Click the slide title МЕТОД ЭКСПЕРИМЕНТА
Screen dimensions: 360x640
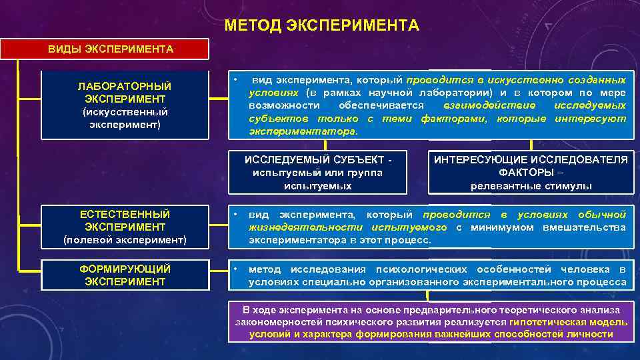(x=322, y=26)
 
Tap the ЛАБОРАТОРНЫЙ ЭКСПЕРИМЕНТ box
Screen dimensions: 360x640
(x=125, y=105)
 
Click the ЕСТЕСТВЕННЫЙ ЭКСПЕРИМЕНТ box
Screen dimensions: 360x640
(x=125, y=227)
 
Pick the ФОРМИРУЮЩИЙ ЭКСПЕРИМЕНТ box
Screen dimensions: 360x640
(x=125, y=275)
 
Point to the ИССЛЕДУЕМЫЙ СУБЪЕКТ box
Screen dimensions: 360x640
(x=317, y=172)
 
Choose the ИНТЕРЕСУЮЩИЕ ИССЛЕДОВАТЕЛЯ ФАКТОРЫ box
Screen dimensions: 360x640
(x=531, y=172)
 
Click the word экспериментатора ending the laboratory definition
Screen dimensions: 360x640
(x=303, y=131)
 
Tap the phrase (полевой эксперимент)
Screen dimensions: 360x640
(x=125, y=239)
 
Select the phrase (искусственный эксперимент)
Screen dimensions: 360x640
(x=125, y=119)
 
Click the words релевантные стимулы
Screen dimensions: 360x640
(x=531, y=185)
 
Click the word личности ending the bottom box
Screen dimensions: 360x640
(x=592, y=334)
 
